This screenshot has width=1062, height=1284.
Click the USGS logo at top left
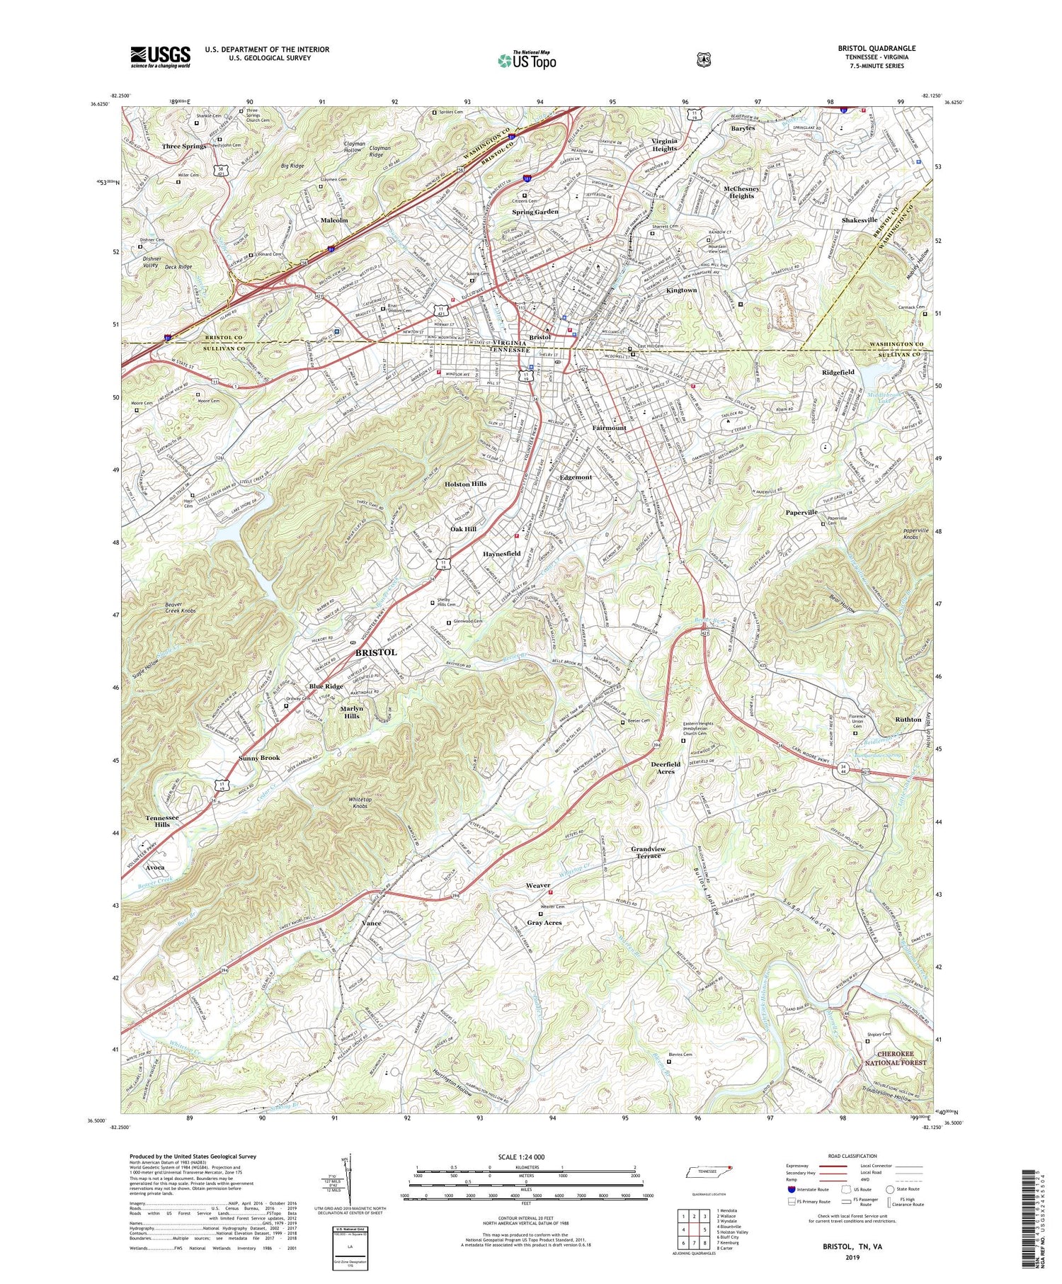pyautogui.click(x=160, y=57)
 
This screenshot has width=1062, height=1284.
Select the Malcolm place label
pyautogui.click(x=334, y=220)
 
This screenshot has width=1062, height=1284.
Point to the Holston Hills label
pyautogui.click(x=465, y=484)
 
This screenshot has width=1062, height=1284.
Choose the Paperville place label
pyautogui.click(x=801, y=512)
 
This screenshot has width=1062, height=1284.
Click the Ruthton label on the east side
pyautogui.click(x=908, y=720)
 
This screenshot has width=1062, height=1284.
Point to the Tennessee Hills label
pyautogui.click(x=162, y=822)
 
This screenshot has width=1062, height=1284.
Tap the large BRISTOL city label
pyautogui.click(x=375, y=652)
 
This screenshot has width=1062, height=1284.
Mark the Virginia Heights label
pyautogui.click(x=664, y=144)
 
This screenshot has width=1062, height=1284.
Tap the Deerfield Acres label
pyautogui.click(x=666, y=768)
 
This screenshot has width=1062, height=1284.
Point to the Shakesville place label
pyautogui.click(x=860, y=220)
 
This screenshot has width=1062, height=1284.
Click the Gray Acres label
pyautogui.click(x=544, y=923)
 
